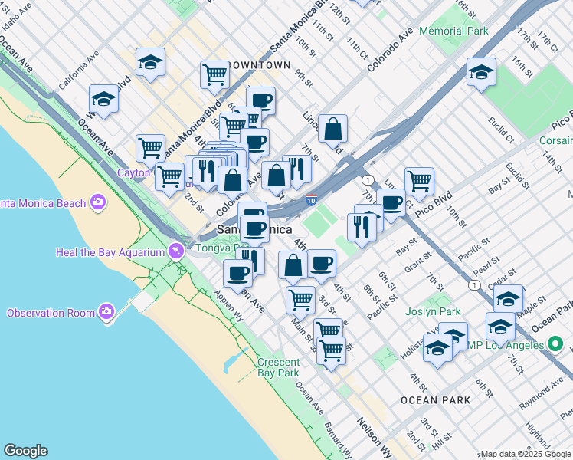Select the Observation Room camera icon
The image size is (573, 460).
pos(106,312)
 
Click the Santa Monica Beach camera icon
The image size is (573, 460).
pos(97,202)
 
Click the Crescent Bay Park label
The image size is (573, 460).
pos(277,367)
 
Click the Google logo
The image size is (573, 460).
pos(25,451)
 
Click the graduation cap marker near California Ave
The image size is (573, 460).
pos(103,100)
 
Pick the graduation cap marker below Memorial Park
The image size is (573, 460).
pos(480,73)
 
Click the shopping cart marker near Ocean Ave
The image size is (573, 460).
pos(150,147)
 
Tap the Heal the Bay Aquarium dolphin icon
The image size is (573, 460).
pos(178,251)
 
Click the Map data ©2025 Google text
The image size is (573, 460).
pos(526,454)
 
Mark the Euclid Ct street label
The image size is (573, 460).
pos(501,130)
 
